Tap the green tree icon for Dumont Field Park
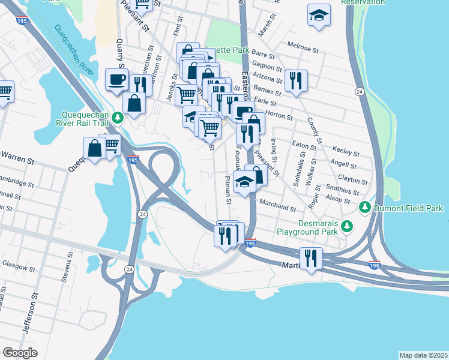click(x=364, y=208)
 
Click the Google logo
click(x=20, y=352)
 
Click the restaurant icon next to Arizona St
click(x=295, y=81)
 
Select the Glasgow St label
click(x=16, y=264)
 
